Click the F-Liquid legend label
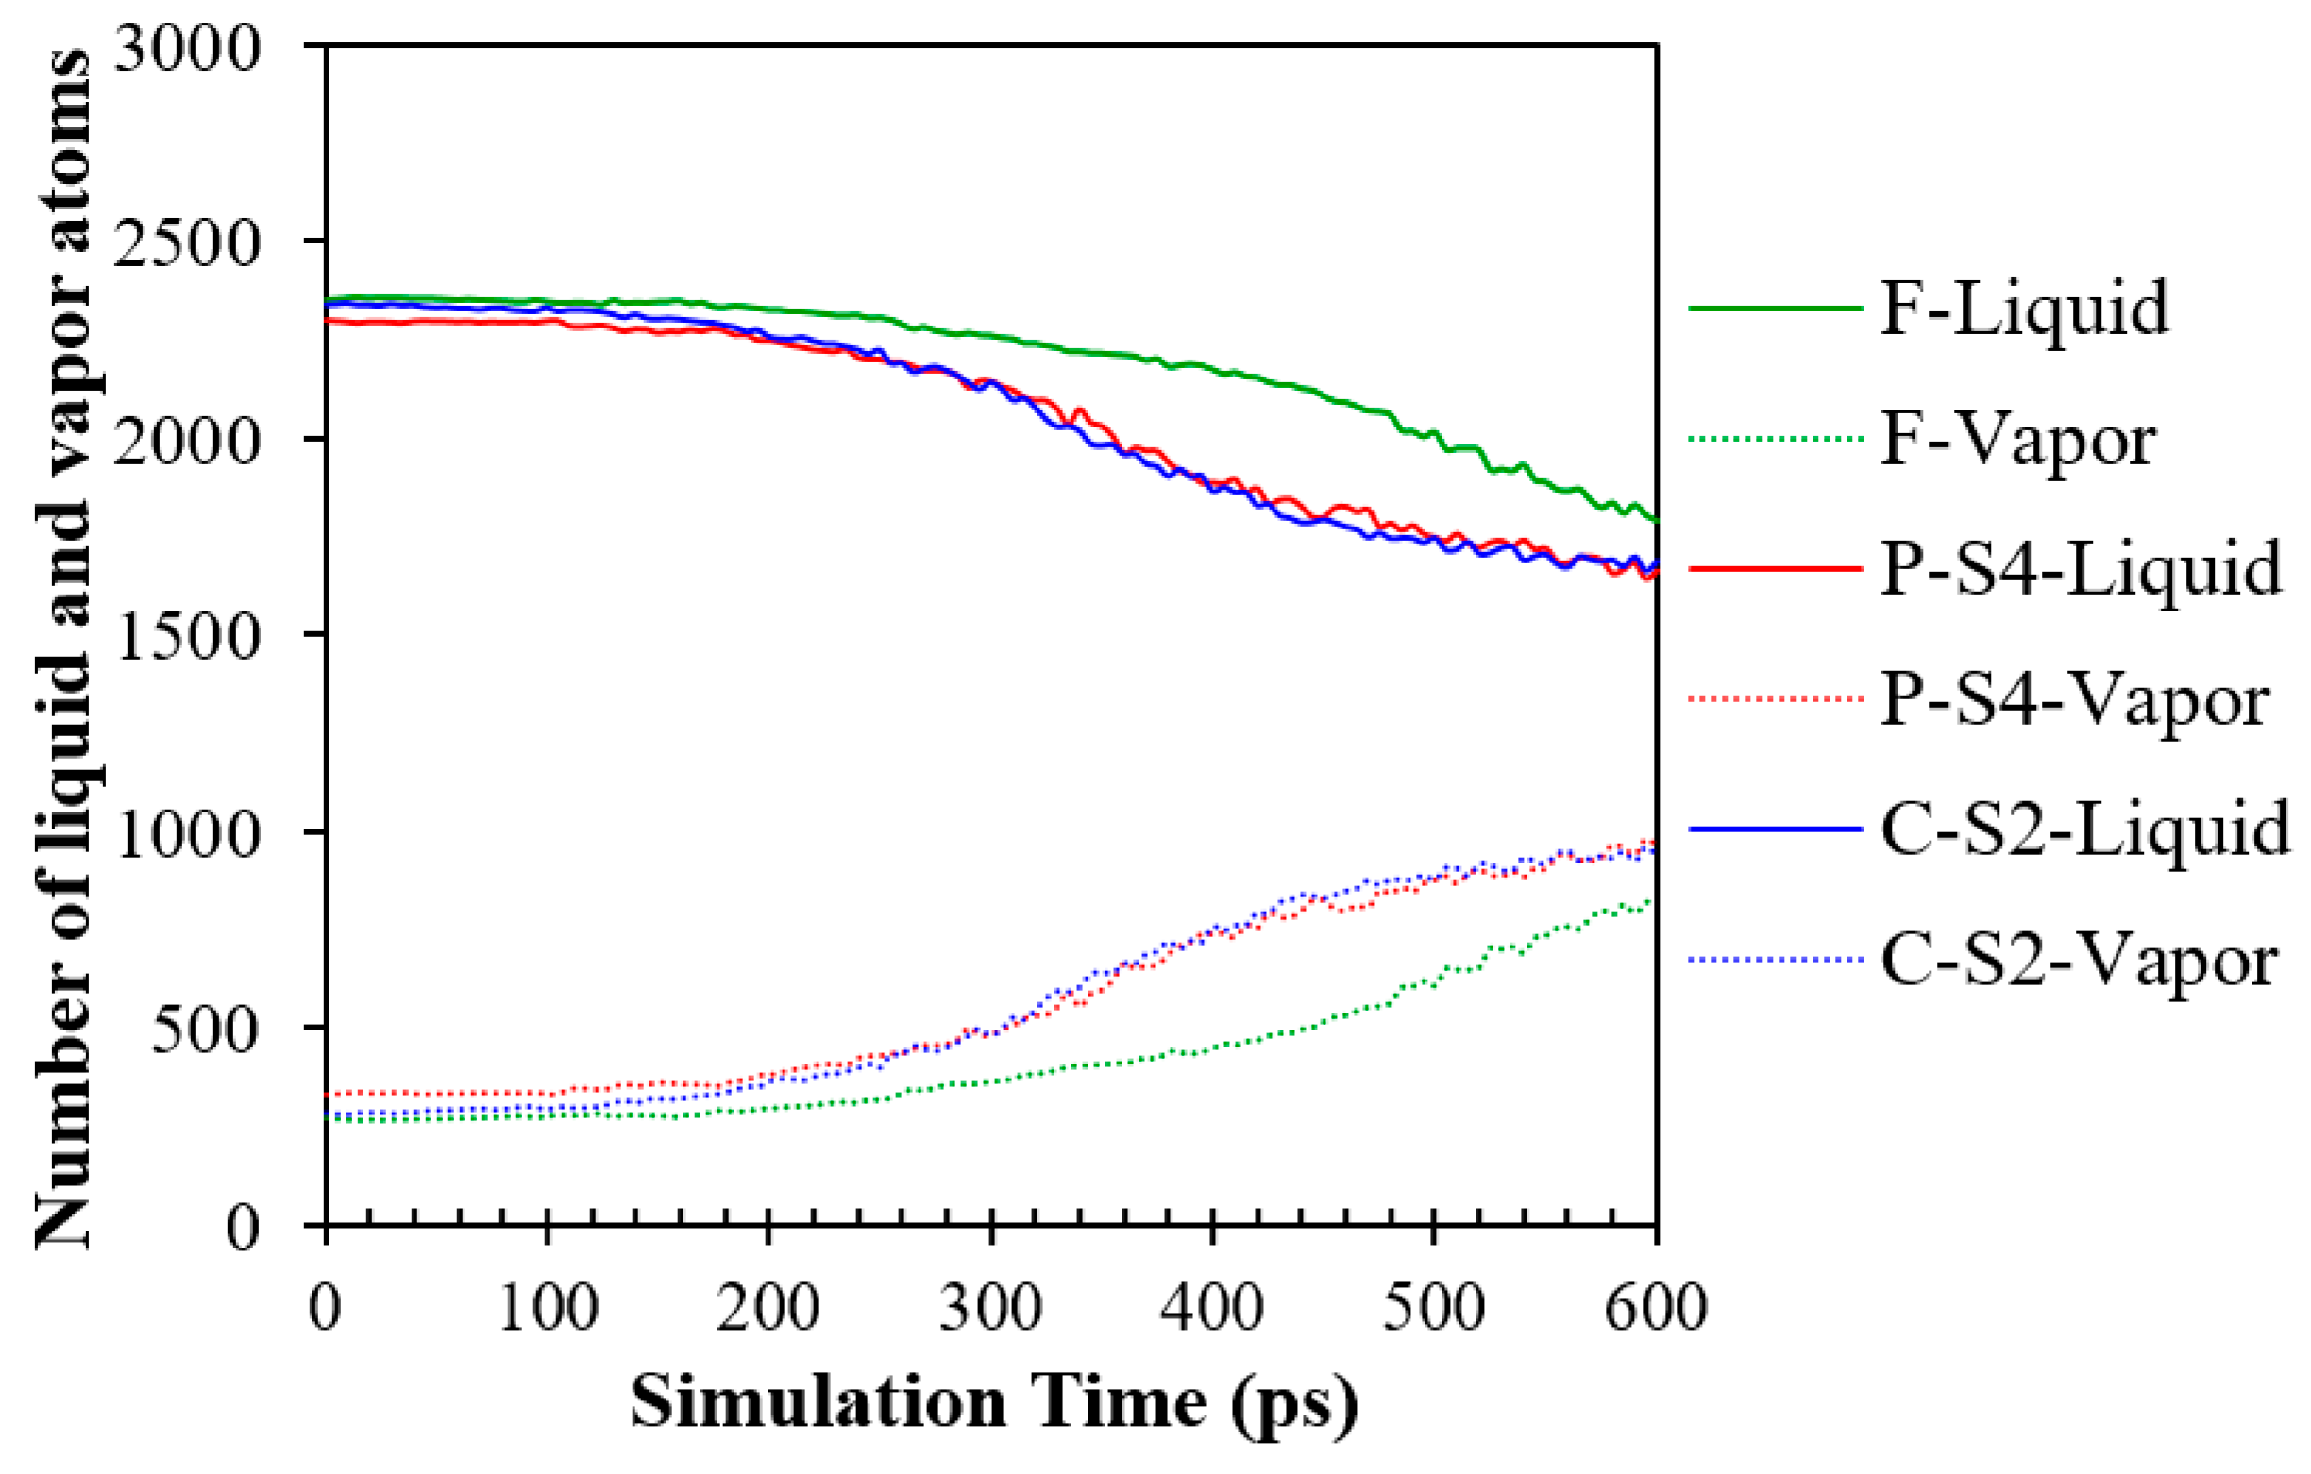(x=2023, y=309)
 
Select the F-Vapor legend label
(x=2017, y=440)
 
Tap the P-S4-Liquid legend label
(x=2080, y=568)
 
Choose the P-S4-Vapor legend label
(x=2074, y=698)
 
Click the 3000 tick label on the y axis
(x=186, y=46)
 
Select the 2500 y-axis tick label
(x=186, y=242)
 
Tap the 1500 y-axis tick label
(x=186, y=634)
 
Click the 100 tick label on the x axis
(x=548, y=1307)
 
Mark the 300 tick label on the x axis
(x=990, y=1307)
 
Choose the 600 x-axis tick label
(x=1656, y=1307)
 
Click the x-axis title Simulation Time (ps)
(x=993, y=1403)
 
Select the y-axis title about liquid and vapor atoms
(x=63, y=647)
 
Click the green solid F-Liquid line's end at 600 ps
(x=1656, y=520)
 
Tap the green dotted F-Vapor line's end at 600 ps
(x=1653, y=900)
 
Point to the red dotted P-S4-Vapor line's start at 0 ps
(x=329, y=1094)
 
